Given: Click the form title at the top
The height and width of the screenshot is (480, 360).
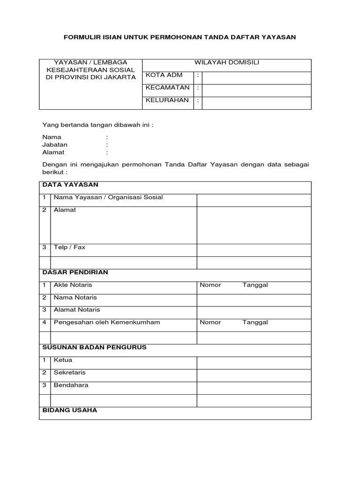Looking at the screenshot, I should point(180,37).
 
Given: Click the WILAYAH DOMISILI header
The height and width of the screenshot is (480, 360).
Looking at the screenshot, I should point(227,63).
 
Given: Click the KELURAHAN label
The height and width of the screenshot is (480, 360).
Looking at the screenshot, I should point(161,100).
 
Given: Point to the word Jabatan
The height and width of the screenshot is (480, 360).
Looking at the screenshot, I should point(55,145).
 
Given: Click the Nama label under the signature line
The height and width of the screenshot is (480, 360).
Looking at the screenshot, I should point(52,137).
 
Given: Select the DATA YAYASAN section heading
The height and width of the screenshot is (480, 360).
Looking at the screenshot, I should point(70,185).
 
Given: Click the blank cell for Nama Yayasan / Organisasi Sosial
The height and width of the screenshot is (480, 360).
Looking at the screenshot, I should point(254,200).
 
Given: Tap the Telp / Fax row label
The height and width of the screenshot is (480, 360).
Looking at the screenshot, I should point(69,247).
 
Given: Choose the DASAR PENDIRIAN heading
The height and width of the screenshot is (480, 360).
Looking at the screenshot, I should point(75,272).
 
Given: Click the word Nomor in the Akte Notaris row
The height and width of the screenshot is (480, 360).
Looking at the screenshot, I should point(210,285).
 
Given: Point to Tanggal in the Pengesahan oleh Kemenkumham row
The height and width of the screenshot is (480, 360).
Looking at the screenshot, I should point(255,322).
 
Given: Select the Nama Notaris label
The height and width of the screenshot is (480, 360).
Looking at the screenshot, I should point(75,297).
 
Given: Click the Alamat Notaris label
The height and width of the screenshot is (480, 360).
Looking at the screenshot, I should point(77,310).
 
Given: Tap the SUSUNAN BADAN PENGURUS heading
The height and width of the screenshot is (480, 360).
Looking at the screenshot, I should point(95,347).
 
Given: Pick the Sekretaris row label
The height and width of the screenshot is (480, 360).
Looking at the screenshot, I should point(70,373).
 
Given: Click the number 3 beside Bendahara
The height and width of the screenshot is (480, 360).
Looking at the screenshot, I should point(44,385).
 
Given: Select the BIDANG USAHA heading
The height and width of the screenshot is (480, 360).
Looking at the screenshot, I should point(70,410).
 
